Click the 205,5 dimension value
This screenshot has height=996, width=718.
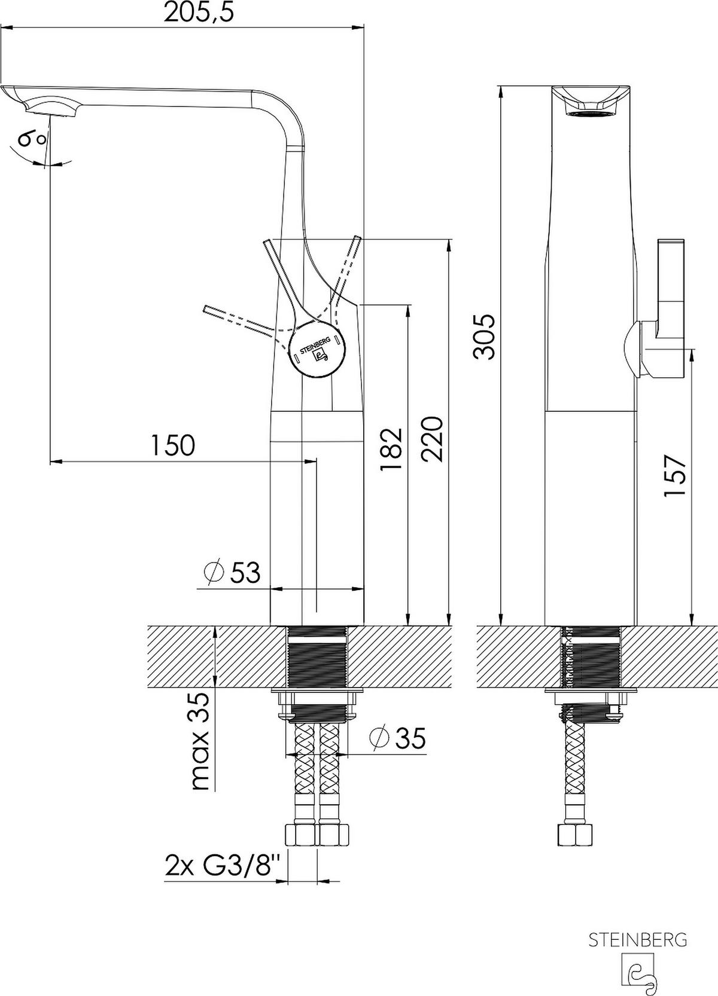point(199,13)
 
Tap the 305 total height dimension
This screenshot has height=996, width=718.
point(484,337)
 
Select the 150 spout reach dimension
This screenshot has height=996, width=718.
point(173,445)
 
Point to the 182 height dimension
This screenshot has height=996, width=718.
point(391,449)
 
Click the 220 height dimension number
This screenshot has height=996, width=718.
point(432,439)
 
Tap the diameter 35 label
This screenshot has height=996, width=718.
point(397,738)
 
